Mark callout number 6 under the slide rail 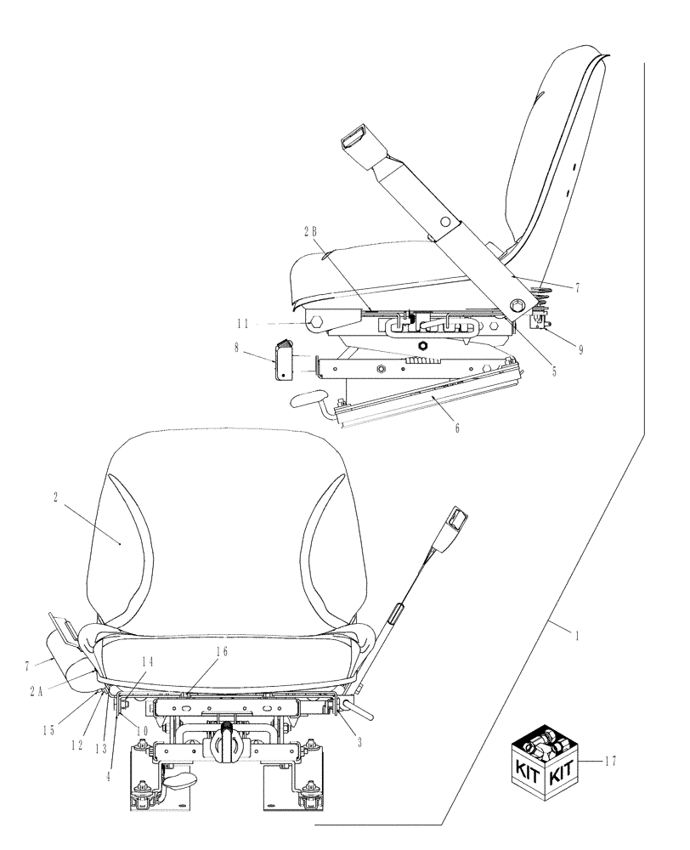pos(456,428)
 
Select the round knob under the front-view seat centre pos(227,729)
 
